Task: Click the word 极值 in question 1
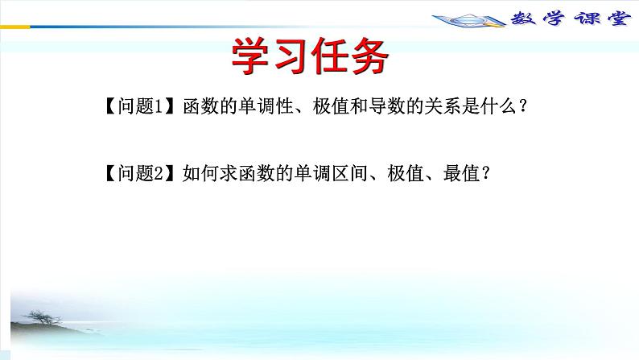click(x=326, y=106)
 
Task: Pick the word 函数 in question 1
click(x=196, y=106)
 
